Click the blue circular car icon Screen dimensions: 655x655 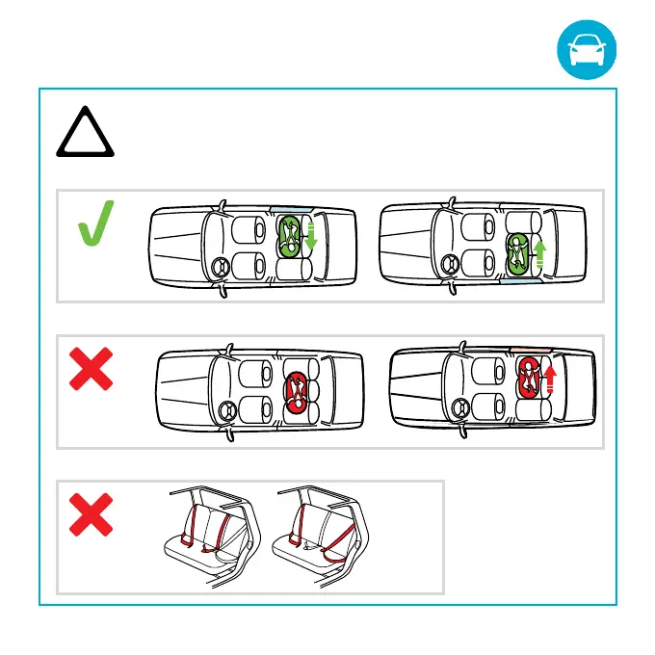(x=585, y=52)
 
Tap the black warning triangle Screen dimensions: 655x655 (x=85, y=136)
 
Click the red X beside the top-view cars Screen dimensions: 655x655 (x=92, y=370)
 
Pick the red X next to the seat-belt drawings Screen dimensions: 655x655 (x=92, y=519)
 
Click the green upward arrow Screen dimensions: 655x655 (x=539, y=254)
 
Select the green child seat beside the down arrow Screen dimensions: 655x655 (x=289, y=235)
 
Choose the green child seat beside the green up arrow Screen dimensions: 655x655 (x=518, y=253)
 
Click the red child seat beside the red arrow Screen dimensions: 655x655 (x=529, y=376)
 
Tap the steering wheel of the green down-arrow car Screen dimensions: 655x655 (x=212, y=266)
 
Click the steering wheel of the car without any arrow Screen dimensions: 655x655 (x=228, y=408)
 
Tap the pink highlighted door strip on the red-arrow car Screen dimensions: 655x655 (x=524, y=344)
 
